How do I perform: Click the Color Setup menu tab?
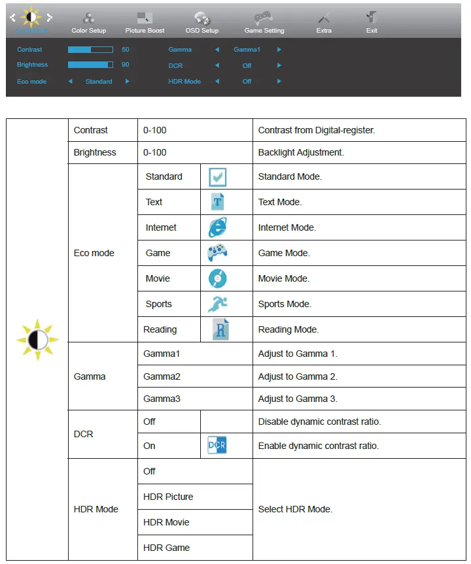88,23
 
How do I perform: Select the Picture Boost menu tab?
145,23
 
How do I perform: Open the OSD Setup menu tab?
202,23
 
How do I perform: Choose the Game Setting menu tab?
264,23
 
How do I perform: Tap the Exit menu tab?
372,23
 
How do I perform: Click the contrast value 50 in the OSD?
126,50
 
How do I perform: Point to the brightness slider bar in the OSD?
90,65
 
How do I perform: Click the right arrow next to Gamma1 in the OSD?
279,50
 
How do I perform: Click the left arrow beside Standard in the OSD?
70,82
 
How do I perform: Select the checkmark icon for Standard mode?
218,177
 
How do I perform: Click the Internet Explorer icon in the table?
218,227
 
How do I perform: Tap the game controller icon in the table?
218,253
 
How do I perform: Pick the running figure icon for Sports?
218,304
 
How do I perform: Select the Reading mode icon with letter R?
220,329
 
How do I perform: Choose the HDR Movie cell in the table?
166,522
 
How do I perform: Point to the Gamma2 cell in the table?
162,376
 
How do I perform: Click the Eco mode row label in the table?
94,253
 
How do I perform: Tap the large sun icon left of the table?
37,340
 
